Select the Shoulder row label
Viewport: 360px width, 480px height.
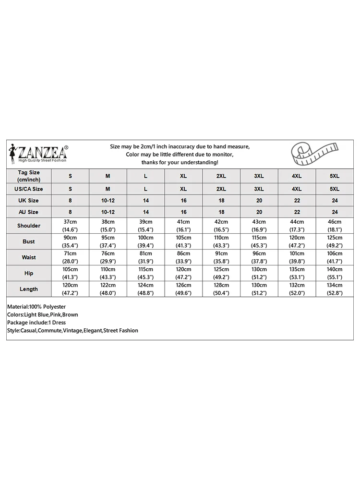coord(29,226)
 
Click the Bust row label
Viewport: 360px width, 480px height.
coord(29,241)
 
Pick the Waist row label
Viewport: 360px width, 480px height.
coord(29,257)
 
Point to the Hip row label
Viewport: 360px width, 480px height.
coord(29,273)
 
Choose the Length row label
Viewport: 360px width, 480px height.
coord(29,289)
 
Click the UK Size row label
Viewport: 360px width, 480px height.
coord(29,200)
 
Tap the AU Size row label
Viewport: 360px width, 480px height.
coord(29,212)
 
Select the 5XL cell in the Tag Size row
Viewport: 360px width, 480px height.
coord(335,176)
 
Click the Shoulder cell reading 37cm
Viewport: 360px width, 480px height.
coord(70,226)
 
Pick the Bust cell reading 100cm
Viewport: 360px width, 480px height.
coord(145,241)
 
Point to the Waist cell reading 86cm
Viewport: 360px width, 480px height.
coord(183,257)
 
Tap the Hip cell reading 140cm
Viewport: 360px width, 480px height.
coord(335,273)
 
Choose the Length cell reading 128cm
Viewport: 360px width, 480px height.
coord(221,289)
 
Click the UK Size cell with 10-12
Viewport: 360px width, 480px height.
coord(108,200)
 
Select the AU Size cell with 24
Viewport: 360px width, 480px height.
coord(335,212)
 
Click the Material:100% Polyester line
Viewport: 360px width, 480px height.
coord(36,306)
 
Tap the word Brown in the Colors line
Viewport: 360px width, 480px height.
coord(70,314)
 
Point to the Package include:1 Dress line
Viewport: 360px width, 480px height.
coord(36,323)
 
